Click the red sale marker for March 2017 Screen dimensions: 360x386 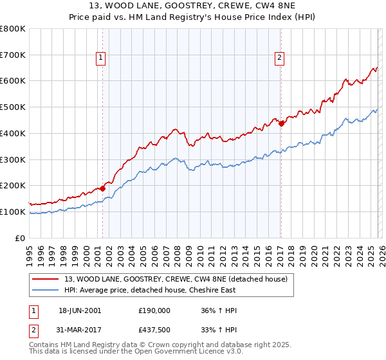click(x=281, y=124)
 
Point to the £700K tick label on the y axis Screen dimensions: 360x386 click(x=13, y=55)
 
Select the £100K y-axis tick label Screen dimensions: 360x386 click(x=13, y=212)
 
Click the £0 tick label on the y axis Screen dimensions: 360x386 click(x=21, y=238)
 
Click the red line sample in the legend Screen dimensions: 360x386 click(x=46, y=279)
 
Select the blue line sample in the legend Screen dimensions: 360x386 click(x=46, y=290)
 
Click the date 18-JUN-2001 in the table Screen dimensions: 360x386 click(x=80, y=310)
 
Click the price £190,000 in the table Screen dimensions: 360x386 click(x=154, y=310)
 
